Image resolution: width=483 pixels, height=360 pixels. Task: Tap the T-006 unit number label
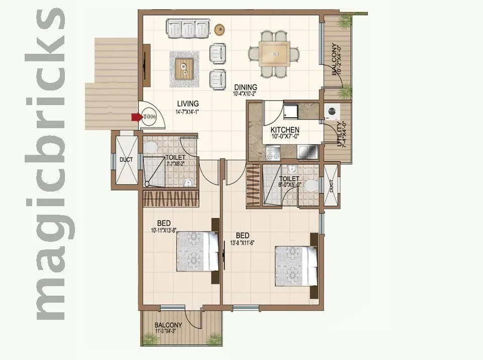[149, 117]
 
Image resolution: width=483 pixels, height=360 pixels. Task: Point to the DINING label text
[245, 87]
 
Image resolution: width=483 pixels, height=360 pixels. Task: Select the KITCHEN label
[285, 130]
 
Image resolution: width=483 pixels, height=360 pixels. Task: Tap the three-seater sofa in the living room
[188, 28]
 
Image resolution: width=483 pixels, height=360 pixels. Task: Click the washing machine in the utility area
[332, 111]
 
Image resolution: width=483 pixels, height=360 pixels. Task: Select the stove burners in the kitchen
[273, 150]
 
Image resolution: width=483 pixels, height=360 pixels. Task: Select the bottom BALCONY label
[169, 325]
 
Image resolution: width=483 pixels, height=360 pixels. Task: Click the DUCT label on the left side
[125, 160]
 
